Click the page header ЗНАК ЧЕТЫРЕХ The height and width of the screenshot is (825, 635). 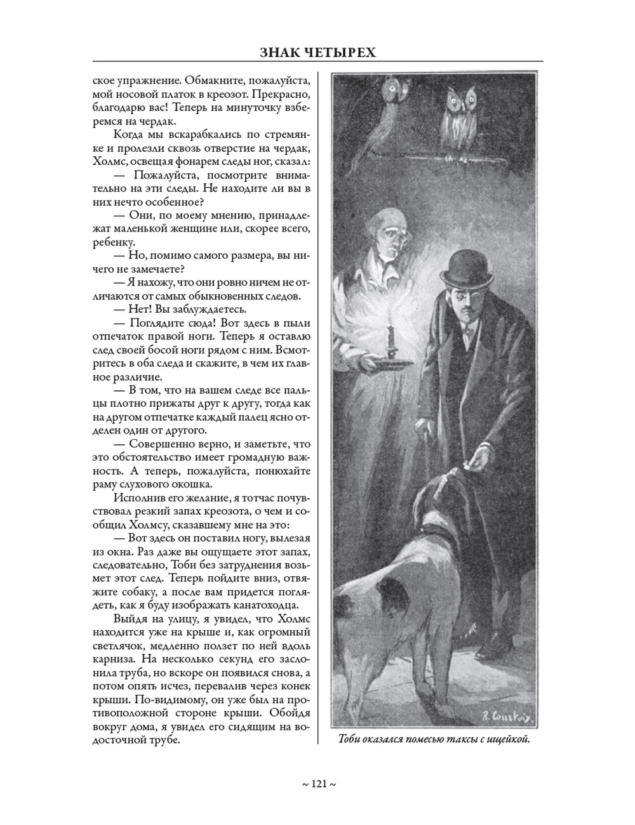[317, 52]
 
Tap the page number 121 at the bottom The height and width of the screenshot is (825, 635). [318, 784]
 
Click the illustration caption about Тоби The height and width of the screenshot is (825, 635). [434, 739]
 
